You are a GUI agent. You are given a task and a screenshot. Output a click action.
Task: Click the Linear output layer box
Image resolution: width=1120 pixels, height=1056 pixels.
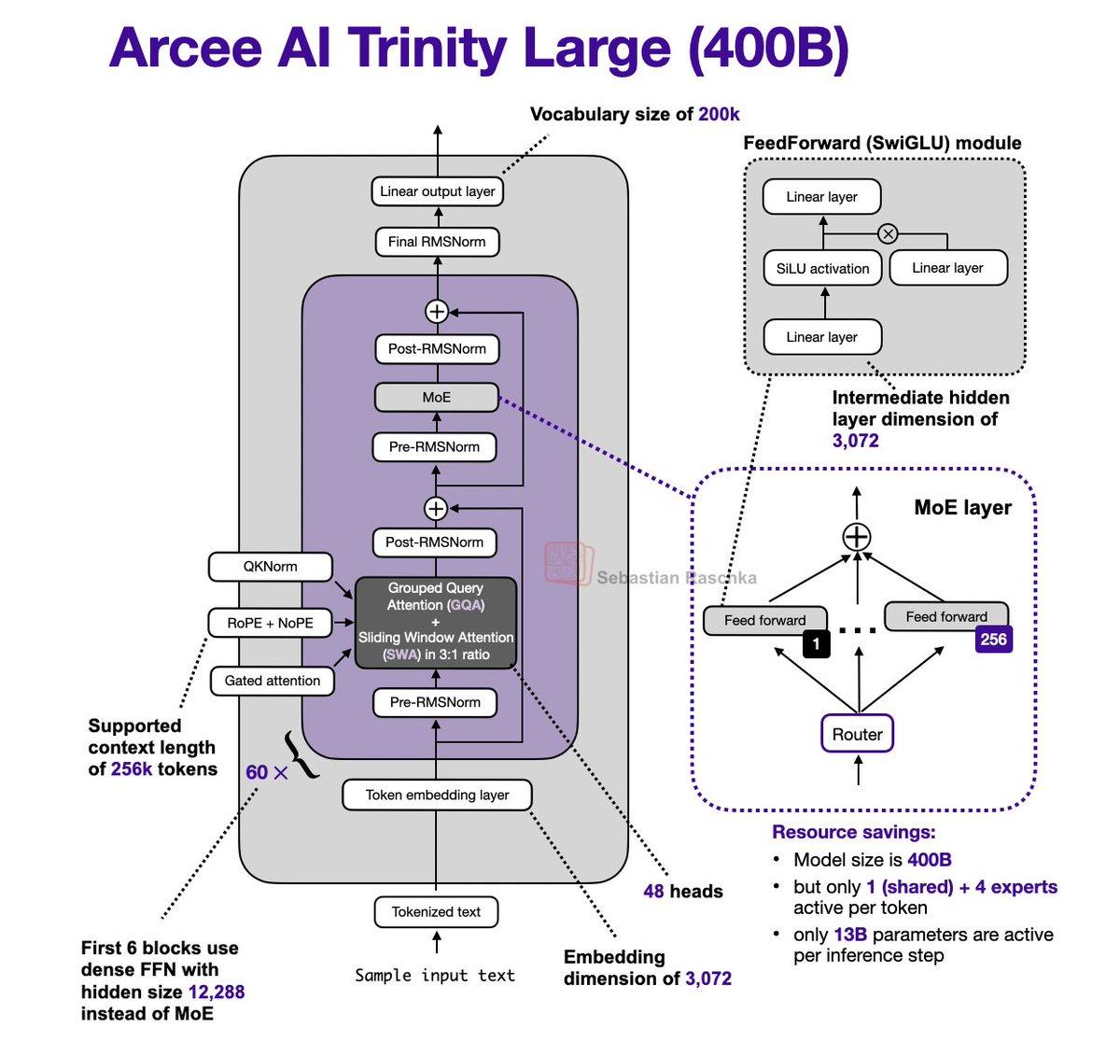(438, 191)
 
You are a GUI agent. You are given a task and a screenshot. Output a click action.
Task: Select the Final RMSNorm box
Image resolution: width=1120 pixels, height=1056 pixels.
(437, 242)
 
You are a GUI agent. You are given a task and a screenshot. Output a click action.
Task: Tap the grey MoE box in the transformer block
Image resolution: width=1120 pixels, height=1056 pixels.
(436, 398)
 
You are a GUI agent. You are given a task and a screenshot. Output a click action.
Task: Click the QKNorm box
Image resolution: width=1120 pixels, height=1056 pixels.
(270, 567)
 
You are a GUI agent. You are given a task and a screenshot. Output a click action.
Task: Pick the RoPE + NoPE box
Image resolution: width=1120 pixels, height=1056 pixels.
(270, 623)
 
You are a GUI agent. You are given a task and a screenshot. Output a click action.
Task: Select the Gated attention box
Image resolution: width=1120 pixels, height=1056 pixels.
(272, 681)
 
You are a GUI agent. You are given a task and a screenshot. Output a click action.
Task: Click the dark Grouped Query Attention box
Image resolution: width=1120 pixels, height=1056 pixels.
(436, 622)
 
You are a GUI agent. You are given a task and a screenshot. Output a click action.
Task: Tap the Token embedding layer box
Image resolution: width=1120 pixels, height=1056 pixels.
(437, 796)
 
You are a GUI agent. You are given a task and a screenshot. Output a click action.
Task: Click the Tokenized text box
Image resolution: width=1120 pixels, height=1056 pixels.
(436, 912)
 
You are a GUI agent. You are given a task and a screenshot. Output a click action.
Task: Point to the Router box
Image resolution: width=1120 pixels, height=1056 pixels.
(857, 735)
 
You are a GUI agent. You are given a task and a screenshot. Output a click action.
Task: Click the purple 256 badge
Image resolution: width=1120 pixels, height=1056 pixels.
(993, 640)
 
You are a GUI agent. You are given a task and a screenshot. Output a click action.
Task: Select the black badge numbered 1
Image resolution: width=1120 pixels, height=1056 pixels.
(816, 644)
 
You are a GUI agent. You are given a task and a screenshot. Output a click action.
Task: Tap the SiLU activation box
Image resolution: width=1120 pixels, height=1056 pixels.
(822, 268)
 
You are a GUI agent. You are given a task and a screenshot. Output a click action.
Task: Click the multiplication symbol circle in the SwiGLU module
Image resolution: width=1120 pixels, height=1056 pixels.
(888, 233)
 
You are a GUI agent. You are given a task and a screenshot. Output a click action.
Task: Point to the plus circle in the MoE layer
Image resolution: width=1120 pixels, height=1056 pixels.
(857, 537)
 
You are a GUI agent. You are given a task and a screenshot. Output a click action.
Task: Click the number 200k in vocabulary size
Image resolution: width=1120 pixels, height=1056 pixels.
(719, 114)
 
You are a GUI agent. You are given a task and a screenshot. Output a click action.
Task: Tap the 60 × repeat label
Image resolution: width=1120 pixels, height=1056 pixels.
(267, 773)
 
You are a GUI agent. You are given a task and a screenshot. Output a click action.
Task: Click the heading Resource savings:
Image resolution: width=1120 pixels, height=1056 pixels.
(853, 832)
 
